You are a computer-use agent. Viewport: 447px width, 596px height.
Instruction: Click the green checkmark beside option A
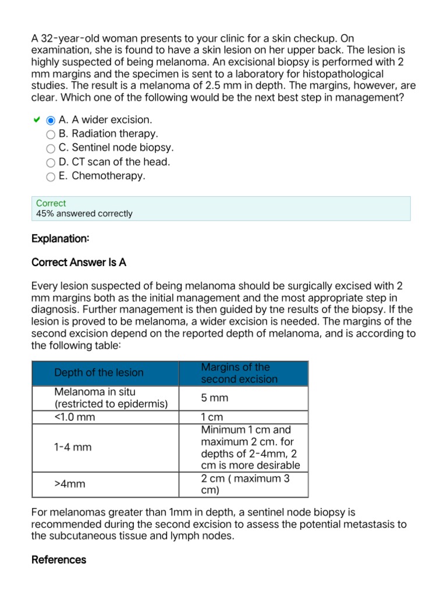pyautogui.click(x=36, y=120)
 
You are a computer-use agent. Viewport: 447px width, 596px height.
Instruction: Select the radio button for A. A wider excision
pyautogui.click(x=51, y=120)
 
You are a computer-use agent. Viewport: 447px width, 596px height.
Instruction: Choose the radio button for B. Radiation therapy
pyautogui.click(x=51, y=134)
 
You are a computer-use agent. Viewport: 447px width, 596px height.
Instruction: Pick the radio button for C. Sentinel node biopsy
pyautogui.click(x=51, y=149)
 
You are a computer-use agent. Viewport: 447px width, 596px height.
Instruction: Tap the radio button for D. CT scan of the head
pyautogui.click(x=51, y=163)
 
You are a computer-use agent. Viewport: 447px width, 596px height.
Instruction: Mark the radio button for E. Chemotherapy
pyautogui.click(x=51, y=177)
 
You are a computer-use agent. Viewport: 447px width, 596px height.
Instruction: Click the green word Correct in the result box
pyautogui.click(x=51, y=203)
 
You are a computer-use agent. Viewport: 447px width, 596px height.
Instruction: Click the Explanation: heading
pyautogui.click(x=60, y=239)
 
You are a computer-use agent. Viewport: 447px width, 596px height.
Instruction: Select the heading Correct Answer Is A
pyautogui.click(x=79, y=262)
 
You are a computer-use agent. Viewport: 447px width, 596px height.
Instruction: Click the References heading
pyautogui.click(x=59, y=559)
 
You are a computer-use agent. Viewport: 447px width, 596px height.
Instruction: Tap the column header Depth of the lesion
pyautogui.click(x=98, y=372)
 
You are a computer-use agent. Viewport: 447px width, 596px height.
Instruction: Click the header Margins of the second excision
pyautogui.click(x=239, y=373)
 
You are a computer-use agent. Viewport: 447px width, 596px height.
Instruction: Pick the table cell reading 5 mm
pyautogui.click(x=215, y=398)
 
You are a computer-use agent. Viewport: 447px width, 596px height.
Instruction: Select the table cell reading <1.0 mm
pyautogui.click(x=74, y=417)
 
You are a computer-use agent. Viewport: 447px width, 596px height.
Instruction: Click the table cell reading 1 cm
pyautogui.click(x=212, y=417)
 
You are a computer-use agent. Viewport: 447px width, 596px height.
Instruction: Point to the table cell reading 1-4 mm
pyautogui.click(x=73, y=447)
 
